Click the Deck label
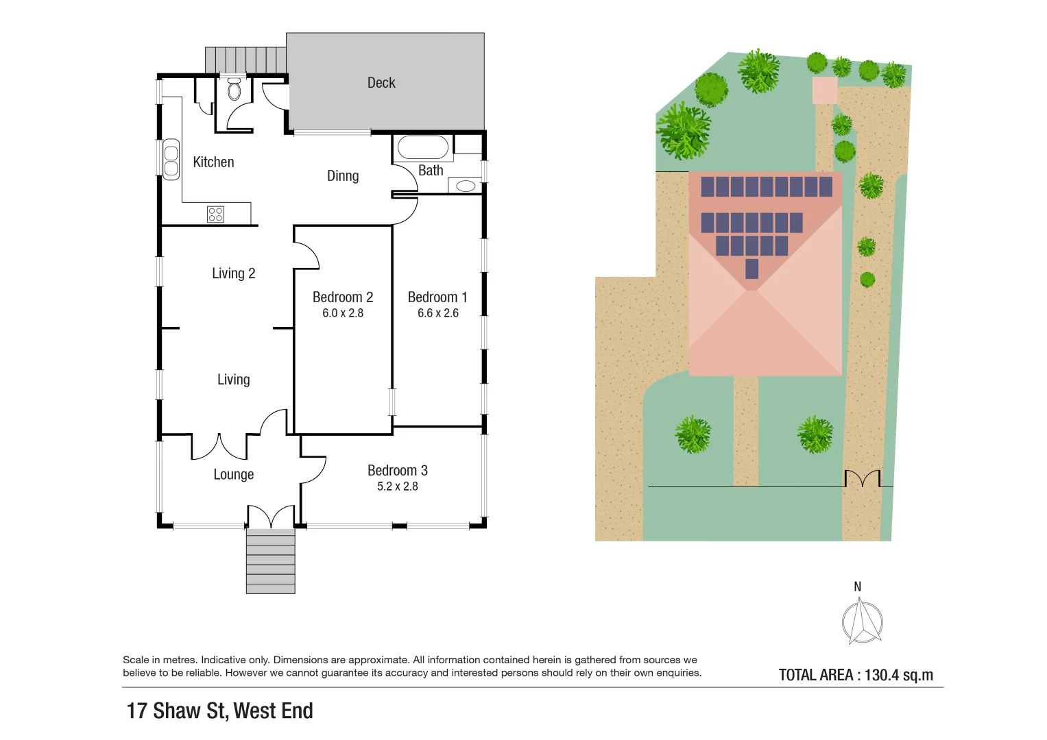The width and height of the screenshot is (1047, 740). tap(381, 83)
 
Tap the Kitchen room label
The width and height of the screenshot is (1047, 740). tap(213, 162)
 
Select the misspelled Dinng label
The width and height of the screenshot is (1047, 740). tap(343, 176)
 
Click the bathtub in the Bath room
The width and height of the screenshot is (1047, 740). tap(423, 147)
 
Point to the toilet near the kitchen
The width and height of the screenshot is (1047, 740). tap(234, 90)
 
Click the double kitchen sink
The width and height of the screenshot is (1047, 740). tap(171, 160)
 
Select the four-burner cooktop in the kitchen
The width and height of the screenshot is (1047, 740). tap(215, 214)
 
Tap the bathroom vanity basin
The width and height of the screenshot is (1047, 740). tap(466, 186)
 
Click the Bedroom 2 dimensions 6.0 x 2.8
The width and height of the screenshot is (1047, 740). tap(343, 313)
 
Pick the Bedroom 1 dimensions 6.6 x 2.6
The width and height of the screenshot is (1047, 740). tap(438, 313)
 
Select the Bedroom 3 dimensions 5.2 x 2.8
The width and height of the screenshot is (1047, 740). tap(398, 486)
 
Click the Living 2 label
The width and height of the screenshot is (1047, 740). tap(233, 273)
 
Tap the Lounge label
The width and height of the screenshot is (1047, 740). tap(234, 475)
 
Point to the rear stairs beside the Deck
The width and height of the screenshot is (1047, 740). tap(245, 60)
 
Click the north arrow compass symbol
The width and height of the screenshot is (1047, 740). tap(862, 621)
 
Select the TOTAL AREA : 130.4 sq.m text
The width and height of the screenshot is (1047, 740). tap(856, 675)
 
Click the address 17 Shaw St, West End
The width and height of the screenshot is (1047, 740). tap(219, 711)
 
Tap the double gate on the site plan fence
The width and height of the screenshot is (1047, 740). tap(862, 478)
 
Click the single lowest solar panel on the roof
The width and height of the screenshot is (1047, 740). tap(752, 269)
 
